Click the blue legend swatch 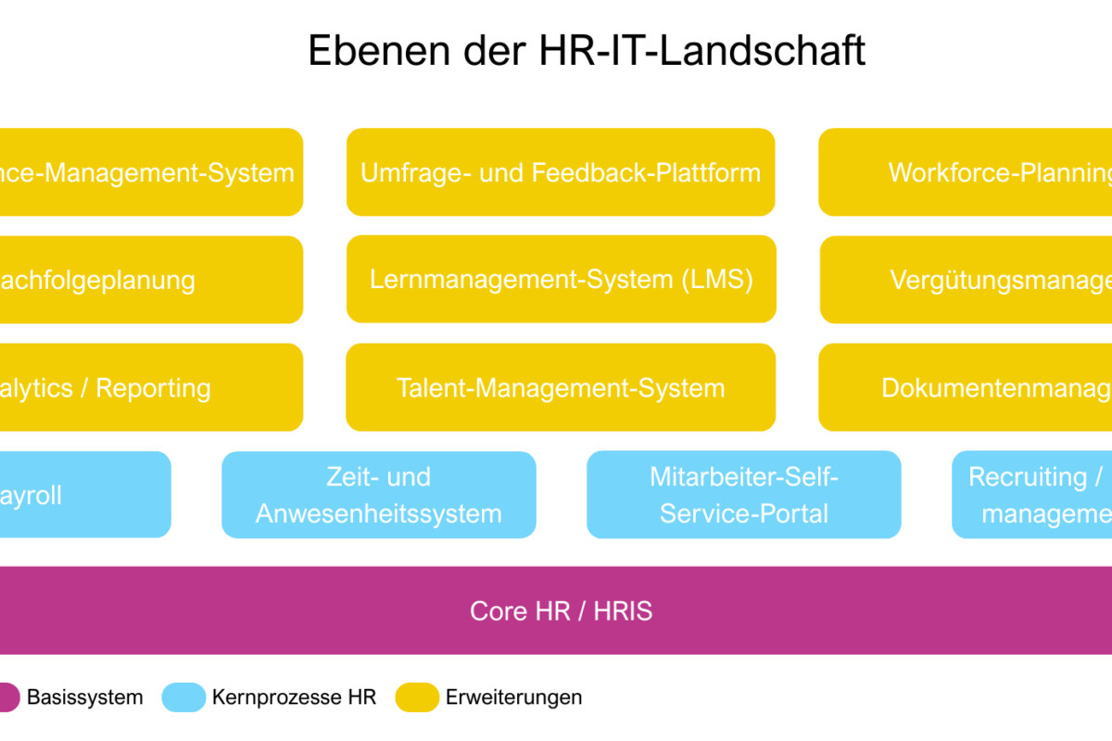[x=183, y=697]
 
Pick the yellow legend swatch [x=417, y=697]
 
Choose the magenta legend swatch [x=7, y=697]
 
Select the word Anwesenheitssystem [x=378, y=513]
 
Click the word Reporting [x=154, y=388]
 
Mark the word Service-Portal [x=743, y=513]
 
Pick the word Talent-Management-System [x=561, y=388]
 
